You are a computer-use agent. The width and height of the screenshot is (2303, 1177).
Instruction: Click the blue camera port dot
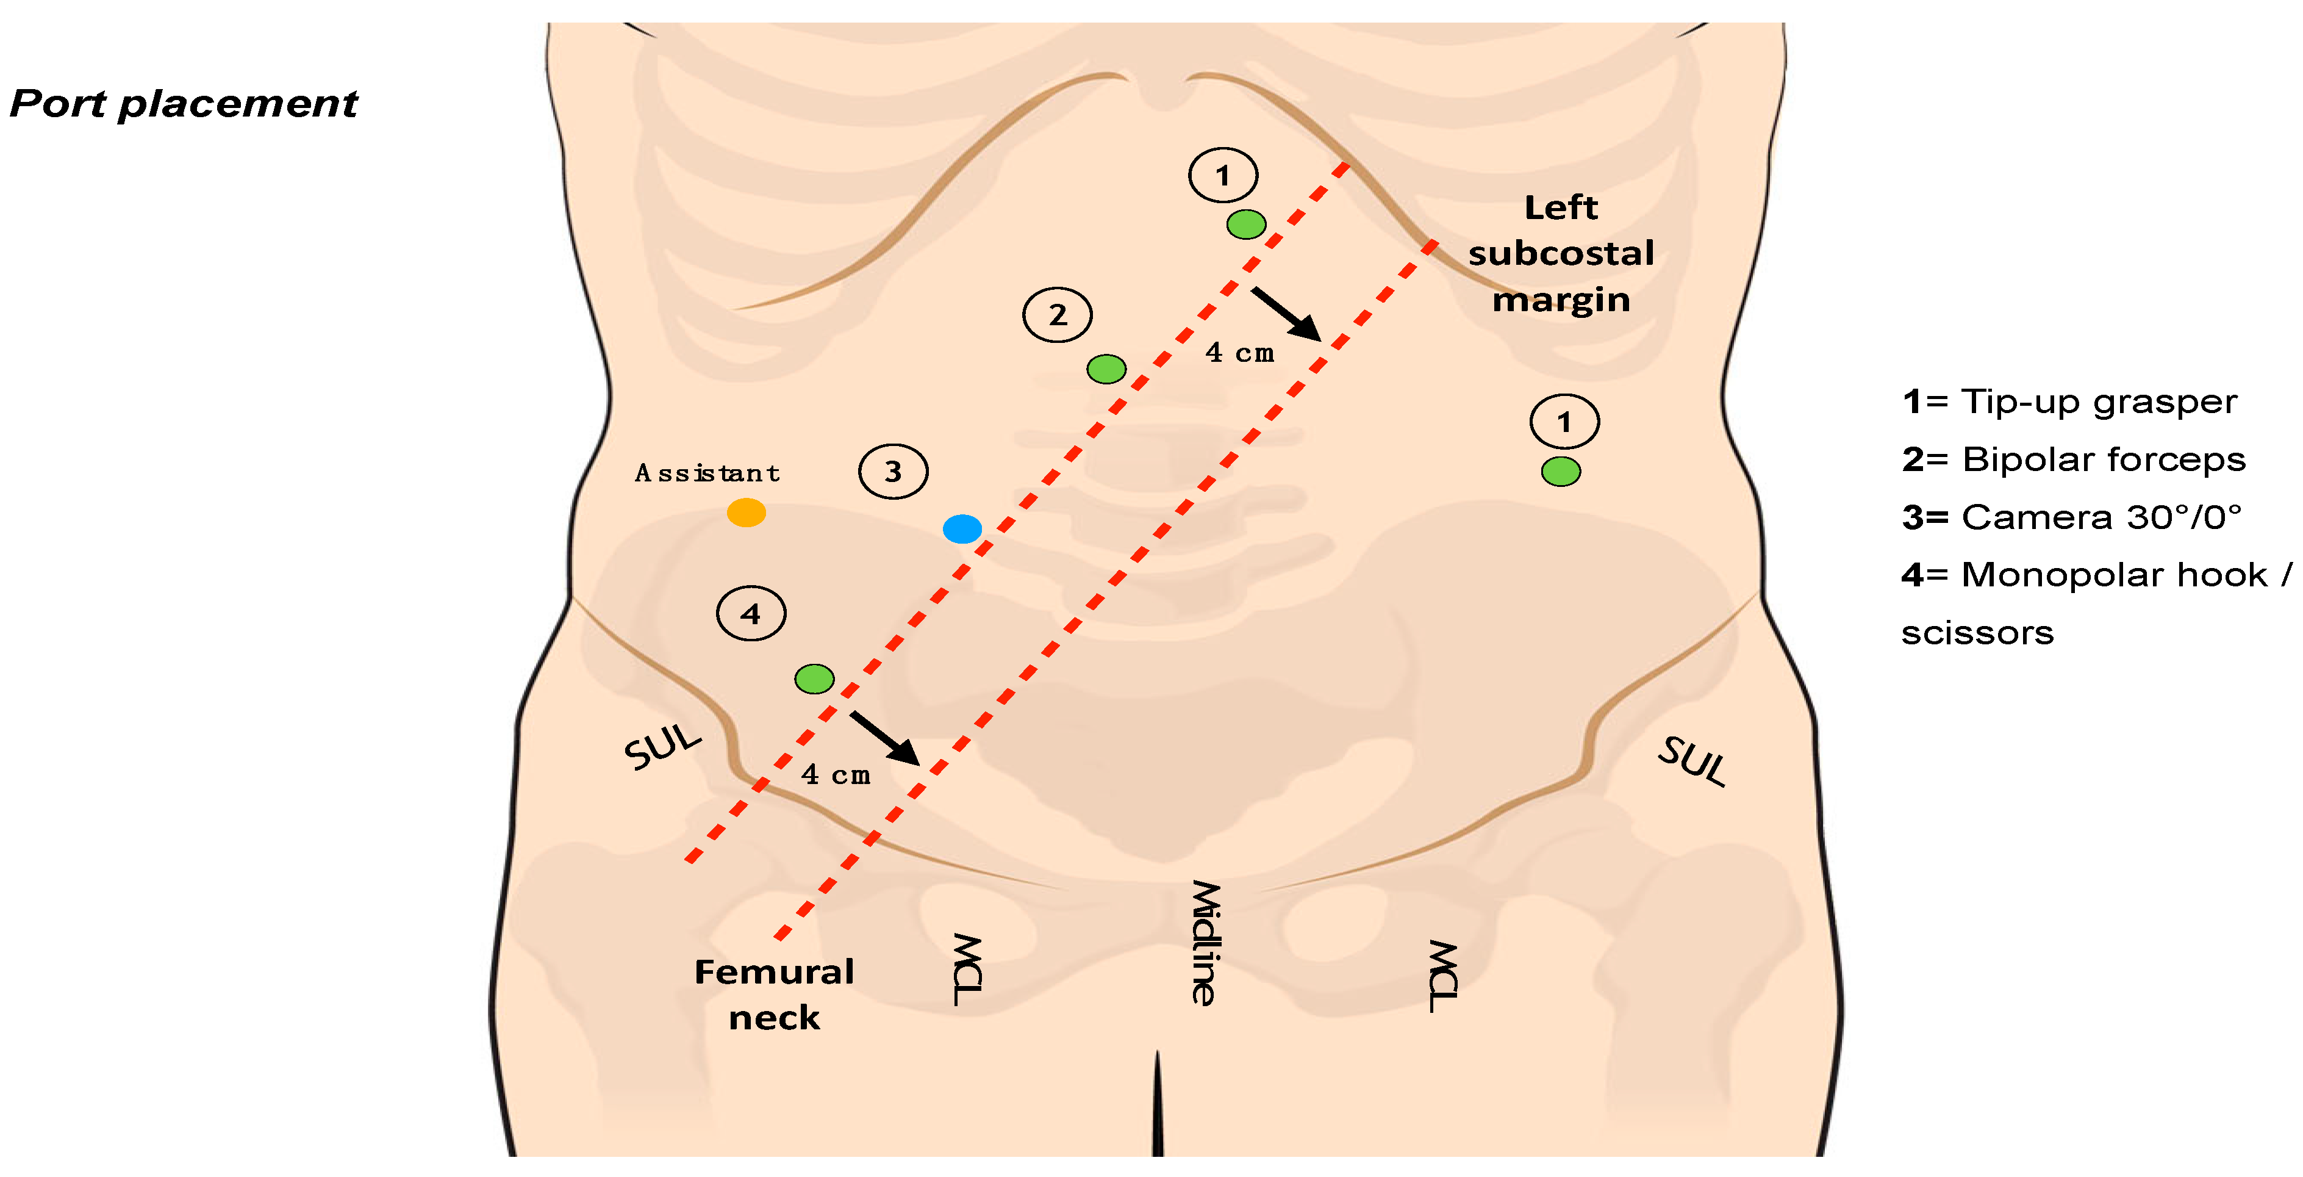962,528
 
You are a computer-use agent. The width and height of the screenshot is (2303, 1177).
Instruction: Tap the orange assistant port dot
746,513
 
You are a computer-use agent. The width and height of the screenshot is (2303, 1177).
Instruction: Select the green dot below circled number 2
1106,369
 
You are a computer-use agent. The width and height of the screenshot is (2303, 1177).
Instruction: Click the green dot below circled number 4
814,679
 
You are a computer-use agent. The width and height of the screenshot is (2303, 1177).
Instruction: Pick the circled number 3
893,471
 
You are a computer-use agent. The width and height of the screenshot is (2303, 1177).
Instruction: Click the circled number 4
751,614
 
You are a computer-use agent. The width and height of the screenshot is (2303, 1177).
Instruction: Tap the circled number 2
1058,315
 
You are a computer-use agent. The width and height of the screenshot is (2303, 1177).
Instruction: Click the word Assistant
706,473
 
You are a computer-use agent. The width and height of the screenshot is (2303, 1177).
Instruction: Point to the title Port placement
183,104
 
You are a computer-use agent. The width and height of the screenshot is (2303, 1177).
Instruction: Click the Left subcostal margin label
1561,253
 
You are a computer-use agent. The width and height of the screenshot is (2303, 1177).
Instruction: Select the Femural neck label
774,995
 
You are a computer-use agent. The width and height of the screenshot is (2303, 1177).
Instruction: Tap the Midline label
1204,943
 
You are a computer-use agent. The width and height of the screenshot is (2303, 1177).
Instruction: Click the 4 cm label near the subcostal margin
1239,353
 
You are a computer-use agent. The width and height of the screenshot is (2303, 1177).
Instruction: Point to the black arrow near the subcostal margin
1286,313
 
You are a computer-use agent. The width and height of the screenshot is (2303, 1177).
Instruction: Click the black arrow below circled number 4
884,738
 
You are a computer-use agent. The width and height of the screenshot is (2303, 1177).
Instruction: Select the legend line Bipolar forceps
2073,459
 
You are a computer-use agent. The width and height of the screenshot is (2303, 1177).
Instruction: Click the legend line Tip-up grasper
2069,401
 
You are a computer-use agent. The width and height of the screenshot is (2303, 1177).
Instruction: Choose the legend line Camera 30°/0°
2071,517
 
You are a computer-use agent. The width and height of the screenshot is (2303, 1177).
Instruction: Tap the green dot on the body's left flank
1561,471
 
